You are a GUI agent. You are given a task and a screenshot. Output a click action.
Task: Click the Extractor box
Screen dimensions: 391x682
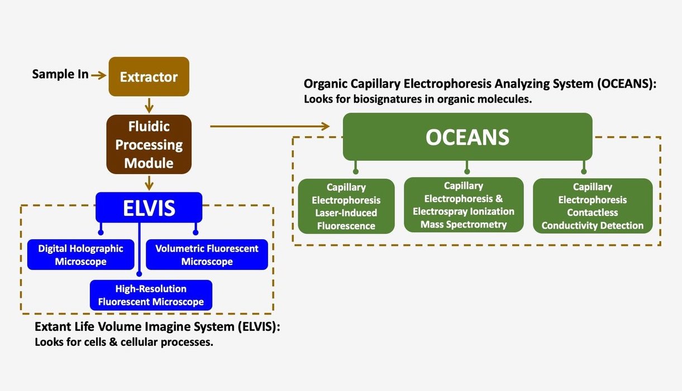pyautogui.click(x=149, y=76)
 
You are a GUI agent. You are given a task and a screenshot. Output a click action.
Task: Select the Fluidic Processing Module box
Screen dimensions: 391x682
pyautogui.click(x=149, y=144)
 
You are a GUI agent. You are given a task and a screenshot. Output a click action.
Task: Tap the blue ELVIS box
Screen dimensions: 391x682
pyautogui.click(x=149, y=207)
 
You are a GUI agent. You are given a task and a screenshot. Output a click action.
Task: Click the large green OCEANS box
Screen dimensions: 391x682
pyautogui.click(x=467, y=137)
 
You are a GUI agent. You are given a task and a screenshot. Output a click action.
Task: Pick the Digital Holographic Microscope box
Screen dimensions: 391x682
pyautogui.click(x=80, y=254)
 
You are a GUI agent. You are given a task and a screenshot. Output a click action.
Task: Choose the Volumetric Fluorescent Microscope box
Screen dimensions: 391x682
pyautogui.click(x=207, y=254)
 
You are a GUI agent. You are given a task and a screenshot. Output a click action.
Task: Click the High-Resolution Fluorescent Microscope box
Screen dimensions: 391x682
pyautogui.click(x=151, y=295)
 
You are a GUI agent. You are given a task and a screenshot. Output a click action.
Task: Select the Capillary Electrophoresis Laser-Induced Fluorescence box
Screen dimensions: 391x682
pyautogui.click(x=346, y=206)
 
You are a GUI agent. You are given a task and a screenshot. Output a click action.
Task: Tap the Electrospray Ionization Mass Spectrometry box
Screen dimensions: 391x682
pyautogui.click(x=464, y=205)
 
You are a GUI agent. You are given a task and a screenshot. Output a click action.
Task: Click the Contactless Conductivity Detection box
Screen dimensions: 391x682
pyautogui.click(x=593, y=206)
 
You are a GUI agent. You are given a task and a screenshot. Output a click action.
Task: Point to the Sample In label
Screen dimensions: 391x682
pyautogui.click(x=60, y=74)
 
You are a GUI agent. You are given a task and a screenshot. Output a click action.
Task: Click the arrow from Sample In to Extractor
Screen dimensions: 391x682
pyautogui.click(x=98, y=75)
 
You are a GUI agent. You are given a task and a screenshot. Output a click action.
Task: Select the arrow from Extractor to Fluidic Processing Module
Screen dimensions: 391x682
pyautogui.click(x=149, y=105)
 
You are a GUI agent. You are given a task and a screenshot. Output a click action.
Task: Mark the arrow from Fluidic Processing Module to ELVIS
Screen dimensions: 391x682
pyautogui.click(x=149, y=182)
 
